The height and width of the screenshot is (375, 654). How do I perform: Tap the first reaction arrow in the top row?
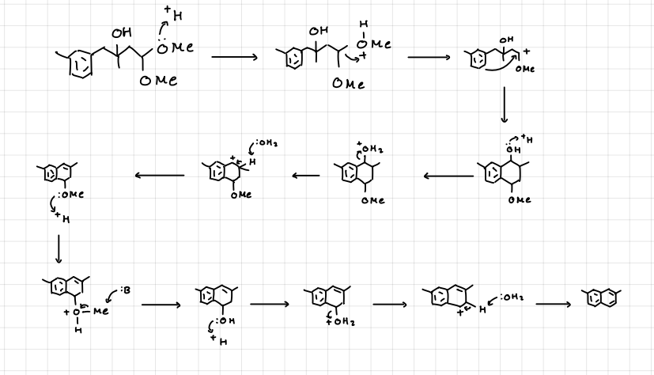236,58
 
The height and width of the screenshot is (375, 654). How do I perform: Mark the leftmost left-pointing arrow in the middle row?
162,176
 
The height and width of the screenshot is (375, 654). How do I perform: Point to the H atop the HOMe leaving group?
363,25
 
